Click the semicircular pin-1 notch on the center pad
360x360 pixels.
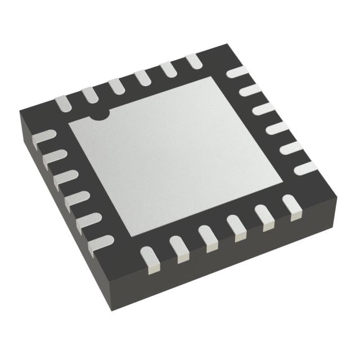coord(101,115)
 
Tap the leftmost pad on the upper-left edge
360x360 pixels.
coord(62,103)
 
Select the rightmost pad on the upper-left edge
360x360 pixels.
coord(193,61)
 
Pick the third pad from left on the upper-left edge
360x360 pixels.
coord(116,85)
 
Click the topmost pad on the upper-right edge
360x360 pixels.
coord(237,73)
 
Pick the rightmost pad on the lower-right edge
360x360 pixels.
coord(291,205)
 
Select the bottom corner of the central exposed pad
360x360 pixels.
coord(130,236)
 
